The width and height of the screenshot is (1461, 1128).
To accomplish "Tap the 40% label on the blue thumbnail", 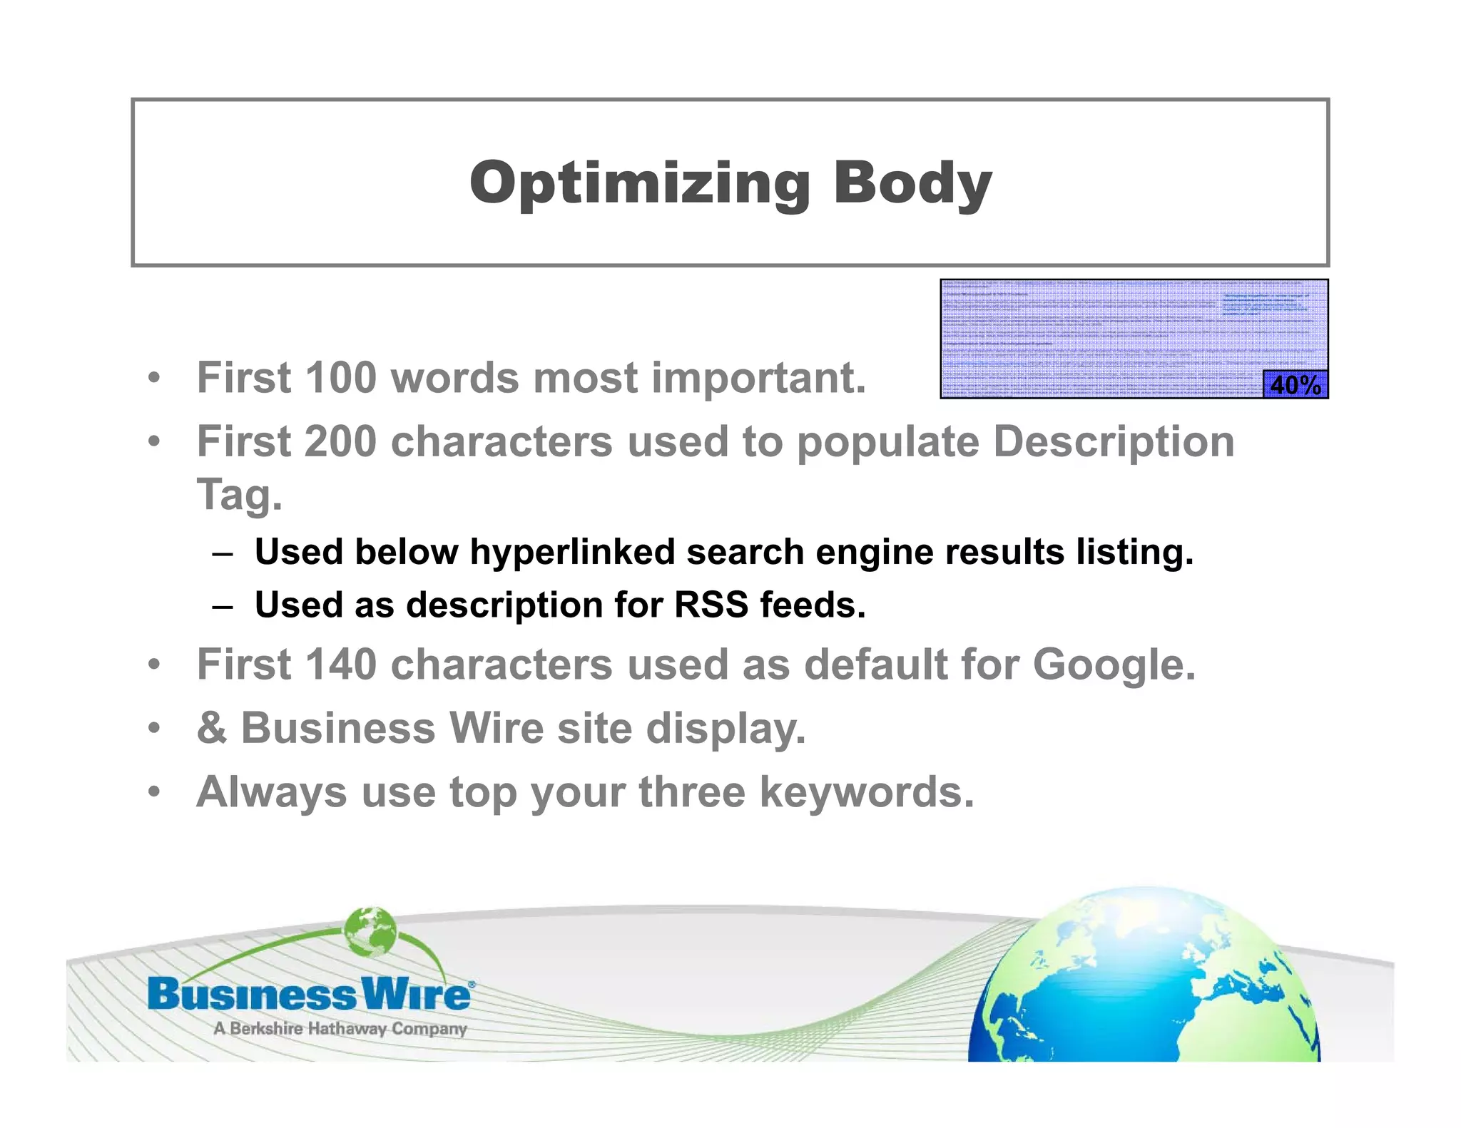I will coord(1295,385).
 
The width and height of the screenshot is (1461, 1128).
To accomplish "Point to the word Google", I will coord(1113,665).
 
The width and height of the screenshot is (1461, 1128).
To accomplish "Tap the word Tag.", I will coord(240,495).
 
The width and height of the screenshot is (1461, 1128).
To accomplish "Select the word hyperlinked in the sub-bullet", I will coord(571,552).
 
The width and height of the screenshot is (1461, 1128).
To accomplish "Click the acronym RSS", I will coord(711,605).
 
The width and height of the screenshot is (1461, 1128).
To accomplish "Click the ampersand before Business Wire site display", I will coord(212,728).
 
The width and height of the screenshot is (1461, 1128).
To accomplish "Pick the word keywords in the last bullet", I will coord(866,792).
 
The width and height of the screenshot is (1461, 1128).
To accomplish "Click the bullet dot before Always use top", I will coord(154,792).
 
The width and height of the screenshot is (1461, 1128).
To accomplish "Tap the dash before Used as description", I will coord(223,607).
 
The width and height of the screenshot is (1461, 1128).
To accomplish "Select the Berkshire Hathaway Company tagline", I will coord(340,1028).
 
